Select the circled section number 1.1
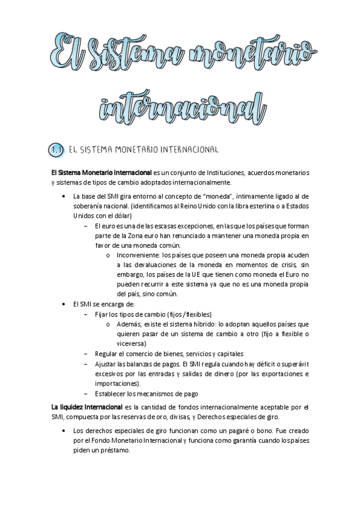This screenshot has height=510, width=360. [56, 149]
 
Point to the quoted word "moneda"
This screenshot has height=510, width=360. [207, 196]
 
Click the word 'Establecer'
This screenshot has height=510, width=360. [111, 393]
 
